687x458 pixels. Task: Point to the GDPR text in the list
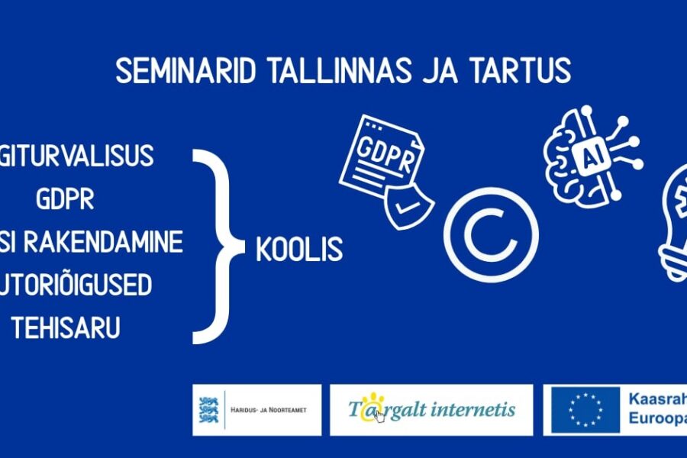click(65, 199)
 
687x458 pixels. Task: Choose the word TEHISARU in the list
click(66, 329)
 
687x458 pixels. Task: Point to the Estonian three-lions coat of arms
click(207, 410)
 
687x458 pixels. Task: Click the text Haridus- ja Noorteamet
click(268, 411)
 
